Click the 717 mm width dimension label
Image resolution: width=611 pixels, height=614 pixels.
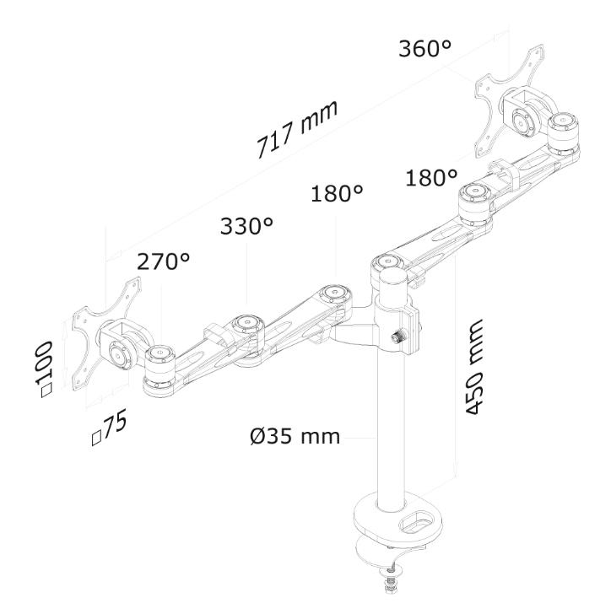297,129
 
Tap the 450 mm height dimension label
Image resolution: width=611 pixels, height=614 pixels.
473,367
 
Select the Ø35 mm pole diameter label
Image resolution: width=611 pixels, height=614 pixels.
295,436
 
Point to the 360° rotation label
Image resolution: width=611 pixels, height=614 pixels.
424,49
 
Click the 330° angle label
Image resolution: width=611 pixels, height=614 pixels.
246,225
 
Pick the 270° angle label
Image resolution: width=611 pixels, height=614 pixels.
164,261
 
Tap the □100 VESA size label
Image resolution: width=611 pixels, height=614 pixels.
45,369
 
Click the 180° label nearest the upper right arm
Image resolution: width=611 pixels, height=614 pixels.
431,177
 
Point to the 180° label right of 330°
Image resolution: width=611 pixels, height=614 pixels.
337,193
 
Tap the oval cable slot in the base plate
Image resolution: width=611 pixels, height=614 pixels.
415,522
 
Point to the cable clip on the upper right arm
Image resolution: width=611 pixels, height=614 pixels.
505,173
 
